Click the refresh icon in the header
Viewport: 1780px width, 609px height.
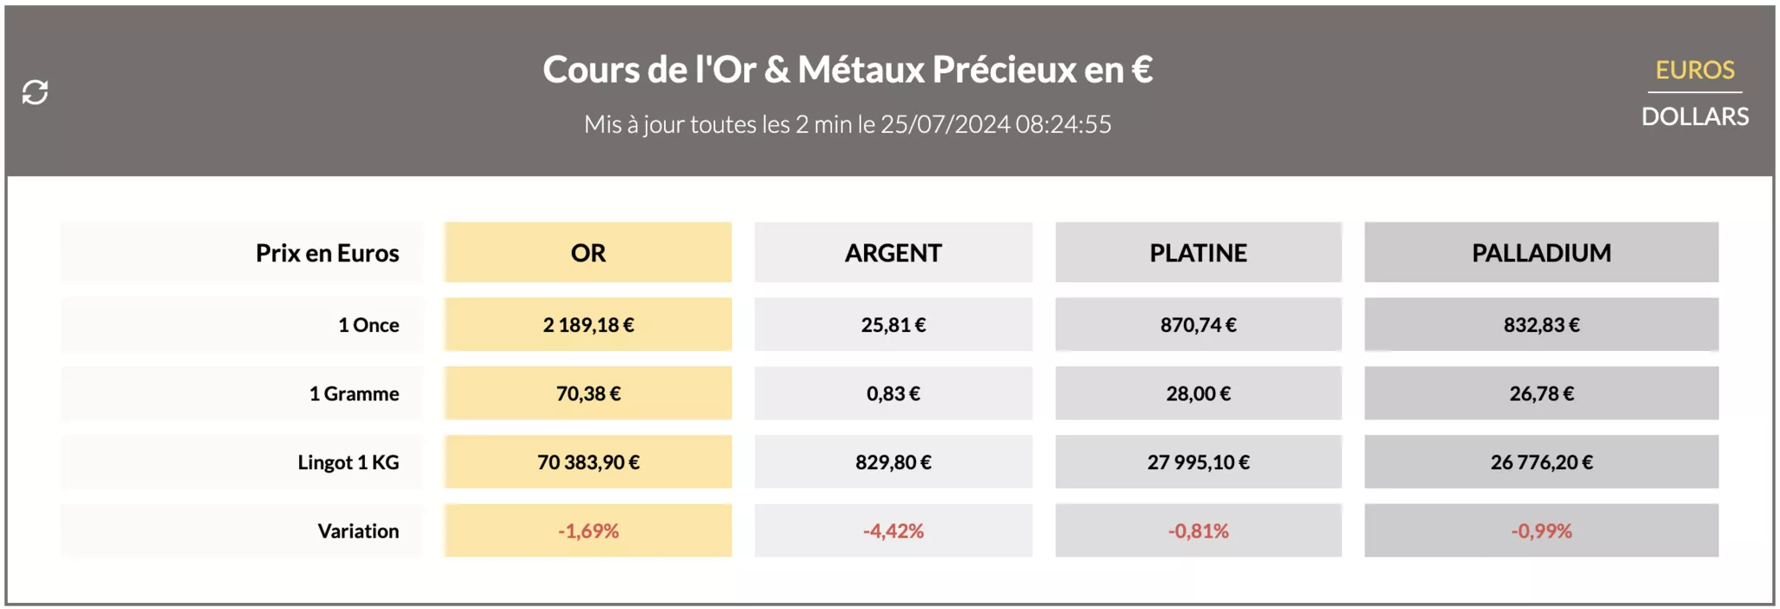(35, 92)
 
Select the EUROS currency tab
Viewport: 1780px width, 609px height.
(1694, 70)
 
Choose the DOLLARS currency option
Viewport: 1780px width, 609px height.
(1694, 116)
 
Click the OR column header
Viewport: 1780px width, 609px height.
(588, 253)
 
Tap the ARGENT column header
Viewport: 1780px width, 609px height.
(893, 253)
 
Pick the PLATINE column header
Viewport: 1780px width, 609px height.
(1198, 253)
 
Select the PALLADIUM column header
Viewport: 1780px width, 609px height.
(1541, 253)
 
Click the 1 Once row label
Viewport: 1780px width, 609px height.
(369, 325)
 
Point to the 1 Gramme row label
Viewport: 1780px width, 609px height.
(354, 394)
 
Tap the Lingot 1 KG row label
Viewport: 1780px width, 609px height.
(348, 462)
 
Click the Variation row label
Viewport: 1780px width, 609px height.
(358, 531)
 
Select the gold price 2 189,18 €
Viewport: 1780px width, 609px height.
(588, 325)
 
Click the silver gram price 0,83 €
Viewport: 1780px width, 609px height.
(893, 394)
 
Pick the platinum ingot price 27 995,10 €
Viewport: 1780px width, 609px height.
(1198, 462)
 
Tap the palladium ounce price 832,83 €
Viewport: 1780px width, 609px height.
(1541, 325)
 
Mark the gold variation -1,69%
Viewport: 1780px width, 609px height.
(588, 531)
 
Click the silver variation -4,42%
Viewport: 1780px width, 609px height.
(893, 531)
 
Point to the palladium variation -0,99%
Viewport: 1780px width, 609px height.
(1541, 531)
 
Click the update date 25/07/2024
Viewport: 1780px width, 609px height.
(946, 125)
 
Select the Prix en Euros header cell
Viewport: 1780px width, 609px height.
(327, 253)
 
